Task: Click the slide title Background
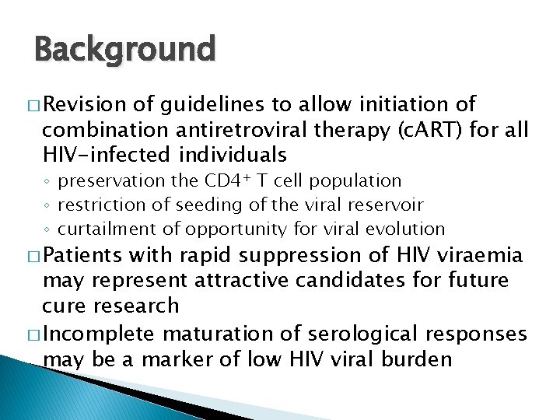pos(124,50)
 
